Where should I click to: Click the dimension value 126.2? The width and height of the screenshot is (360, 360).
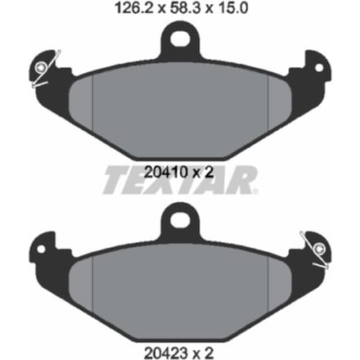(133, 8)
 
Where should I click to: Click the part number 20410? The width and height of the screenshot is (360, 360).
(166, 172)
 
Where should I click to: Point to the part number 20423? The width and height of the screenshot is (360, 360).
(166, 353)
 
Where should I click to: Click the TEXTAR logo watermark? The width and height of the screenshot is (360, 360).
(180, 180)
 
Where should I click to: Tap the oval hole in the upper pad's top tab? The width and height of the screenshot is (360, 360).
(179, 38)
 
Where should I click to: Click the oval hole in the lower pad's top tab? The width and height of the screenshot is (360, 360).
(180, 219)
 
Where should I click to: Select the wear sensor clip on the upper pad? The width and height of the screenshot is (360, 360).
(44, 69)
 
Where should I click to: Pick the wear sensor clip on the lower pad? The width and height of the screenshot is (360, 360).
(316, 250)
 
